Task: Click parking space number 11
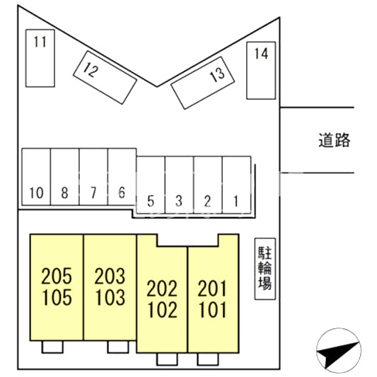tap(40, 58)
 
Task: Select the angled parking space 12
tap(105, 77)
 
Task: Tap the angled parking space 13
tap(202, 83)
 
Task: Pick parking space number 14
tap(261, 70)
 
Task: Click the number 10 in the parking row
tap(36, 193)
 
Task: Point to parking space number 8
tap(64, 177)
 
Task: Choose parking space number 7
tap(93, 177)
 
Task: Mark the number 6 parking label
tap(122, 192)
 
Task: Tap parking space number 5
tap(151, 185)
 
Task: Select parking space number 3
tap(180, 185)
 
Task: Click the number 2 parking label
tap(207, 201)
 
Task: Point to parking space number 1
tap(236, 185)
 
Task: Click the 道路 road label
tap(334, 140)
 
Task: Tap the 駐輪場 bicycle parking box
tap(265, 269)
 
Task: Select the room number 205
tap(57, 277)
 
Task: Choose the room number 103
tap(110, 297)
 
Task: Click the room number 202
tap(162, 289)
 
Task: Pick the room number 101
tap(212, 310)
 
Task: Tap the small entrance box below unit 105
tap(52, 347)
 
